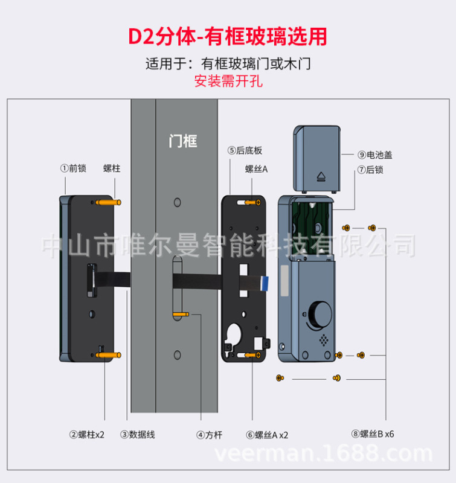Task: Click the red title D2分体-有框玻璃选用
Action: pyautogui.click(x=228, y=36)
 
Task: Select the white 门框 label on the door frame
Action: pyautogui.click(x=182, y=141)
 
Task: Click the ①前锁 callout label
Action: pyautogui.click(x=73, y=168)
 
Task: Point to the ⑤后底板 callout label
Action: pyautogui.click(x=245, y=150)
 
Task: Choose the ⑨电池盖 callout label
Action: pyautogui.click(x=374, y=155)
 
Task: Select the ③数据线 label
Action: pyautogui.click(x=137, y=434)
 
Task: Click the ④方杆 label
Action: pyautogui.click(x=209, y=434)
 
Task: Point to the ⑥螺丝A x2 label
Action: pyautogui.click(x=267, y=434)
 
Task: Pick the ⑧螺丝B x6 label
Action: pyautogui.click(x=372, y=434)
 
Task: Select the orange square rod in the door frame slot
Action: pyautogui.click(x=182, y=315)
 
